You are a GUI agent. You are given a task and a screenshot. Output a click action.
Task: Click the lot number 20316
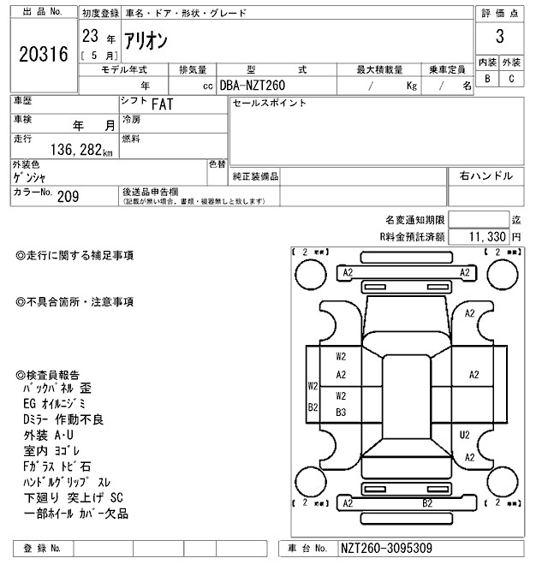click(x=43, y=54)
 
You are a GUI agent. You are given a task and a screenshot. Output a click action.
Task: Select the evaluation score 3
click(x=498, y=38)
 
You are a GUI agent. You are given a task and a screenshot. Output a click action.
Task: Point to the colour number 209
click(x=68, y=196)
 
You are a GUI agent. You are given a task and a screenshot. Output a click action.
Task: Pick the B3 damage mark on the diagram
click(x=341, y=412)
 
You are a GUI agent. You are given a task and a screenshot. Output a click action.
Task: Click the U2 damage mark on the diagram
click(x=464, y=435)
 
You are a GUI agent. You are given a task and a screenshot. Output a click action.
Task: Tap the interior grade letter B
click(x=487, y=80)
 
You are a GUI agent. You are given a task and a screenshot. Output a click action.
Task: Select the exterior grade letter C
click(x=510, y=80)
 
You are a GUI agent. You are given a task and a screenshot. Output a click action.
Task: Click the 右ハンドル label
click(x=485, y=175)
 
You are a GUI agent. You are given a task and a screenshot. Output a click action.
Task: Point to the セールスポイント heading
click(x=269, y=104)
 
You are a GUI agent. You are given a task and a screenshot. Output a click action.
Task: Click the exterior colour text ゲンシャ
click(x=30, y=177)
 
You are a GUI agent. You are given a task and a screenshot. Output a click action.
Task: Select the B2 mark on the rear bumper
click(x=426, y=503)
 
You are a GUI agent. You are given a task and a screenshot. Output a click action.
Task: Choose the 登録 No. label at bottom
click(x=43, y=547)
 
